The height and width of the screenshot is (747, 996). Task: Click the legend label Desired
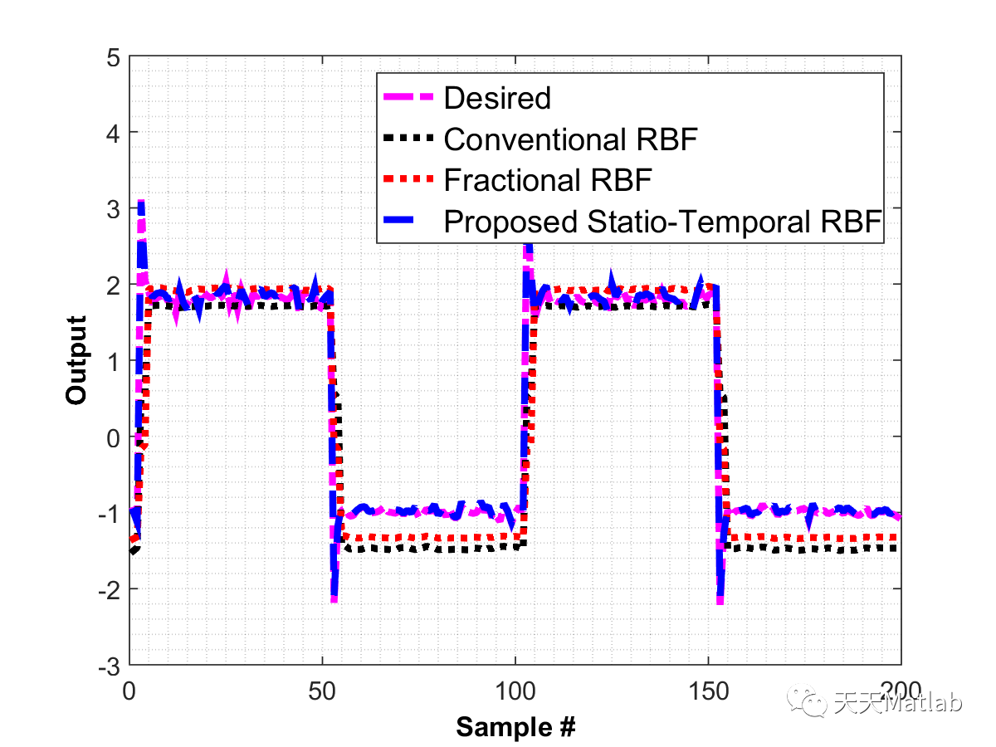tap(497, 98)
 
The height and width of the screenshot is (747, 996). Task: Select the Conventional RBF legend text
tap(569, 139)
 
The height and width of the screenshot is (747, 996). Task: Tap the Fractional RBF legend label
tap(548, 180)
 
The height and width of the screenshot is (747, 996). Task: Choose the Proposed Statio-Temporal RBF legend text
tap(661, 222)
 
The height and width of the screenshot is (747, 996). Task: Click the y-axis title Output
tap(76, 360)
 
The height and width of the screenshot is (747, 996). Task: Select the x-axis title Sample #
tap(515, 728)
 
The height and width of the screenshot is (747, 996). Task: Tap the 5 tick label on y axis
tap(112, 57)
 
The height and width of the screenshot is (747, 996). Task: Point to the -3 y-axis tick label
tap(108, 666)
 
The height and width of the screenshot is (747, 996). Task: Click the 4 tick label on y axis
tap(112, 134)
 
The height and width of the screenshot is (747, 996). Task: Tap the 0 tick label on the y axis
tap(112, 437)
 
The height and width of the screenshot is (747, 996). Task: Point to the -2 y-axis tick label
tap(108, 590)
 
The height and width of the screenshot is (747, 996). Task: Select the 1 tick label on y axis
tap(112, 362)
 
